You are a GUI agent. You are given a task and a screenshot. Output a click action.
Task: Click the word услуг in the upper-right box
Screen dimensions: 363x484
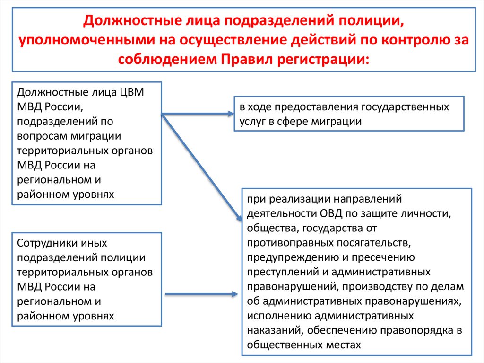pos(253,121)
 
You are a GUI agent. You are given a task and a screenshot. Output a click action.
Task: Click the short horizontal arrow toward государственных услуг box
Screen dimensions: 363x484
pos(199,114)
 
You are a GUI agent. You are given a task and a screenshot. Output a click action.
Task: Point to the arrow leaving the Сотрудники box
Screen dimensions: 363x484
pos(201,294)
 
